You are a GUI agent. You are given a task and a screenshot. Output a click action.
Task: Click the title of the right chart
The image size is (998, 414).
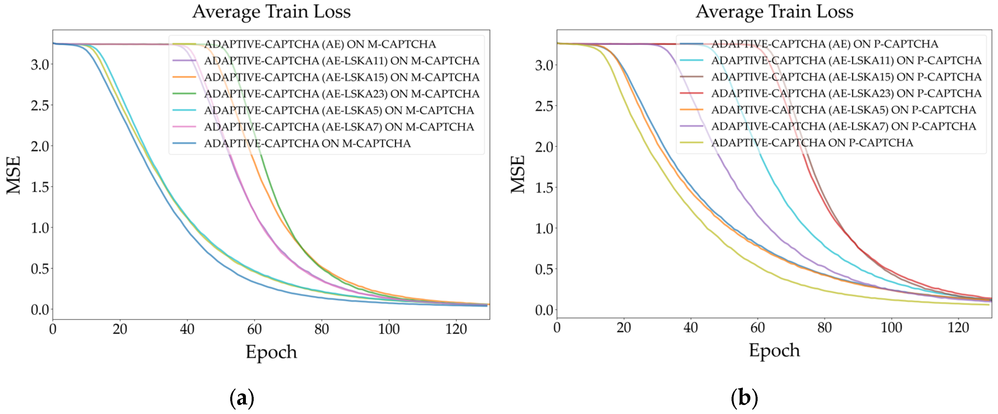point(774,11)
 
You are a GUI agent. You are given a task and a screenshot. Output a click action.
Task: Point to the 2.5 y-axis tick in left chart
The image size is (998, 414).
point(40,105)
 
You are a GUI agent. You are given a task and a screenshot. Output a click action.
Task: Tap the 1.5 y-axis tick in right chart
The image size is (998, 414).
point(544,188)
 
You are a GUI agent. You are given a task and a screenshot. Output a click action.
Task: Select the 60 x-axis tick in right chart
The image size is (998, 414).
point(757,328)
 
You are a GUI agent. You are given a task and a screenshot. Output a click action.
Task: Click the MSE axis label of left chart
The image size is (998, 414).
point(14,175)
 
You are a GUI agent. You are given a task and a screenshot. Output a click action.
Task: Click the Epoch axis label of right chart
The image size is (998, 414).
point(774,350)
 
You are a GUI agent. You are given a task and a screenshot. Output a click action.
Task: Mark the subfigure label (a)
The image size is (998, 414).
point(242,398)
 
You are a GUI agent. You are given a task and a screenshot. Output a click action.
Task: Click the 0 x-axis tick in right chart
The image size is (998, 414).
point(557,328)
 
